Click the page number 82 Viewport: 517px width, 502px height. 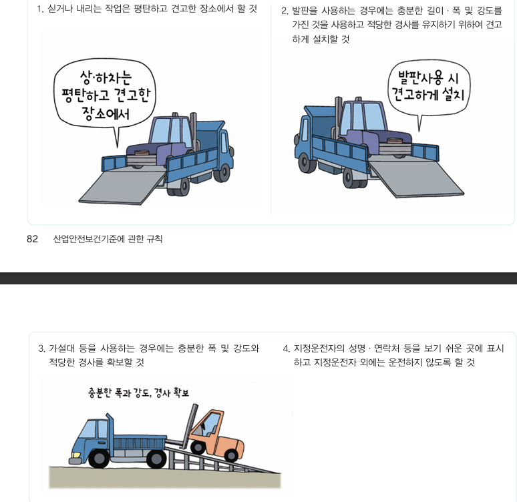point(32,239)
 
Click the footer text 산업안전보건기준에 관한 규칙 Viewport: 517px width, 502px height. point(108,239)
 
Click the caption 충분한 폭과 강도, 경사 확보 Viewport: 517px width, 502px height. point(138,393)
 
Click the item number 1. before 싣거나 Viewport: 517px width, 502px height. point(40,9)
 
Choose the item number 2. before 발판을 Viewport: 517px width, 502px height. point(285,11)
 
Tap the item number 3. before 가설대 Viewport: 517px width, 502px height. point(41,348)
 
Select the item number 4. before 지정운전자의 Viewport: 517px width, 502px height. point(287,348)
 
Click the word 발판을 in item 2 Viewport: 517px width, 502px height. point(306,11)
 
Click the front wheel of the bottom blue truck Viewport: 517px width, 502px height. point(99,459)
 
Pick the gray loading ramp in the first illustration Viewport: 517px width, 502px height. point(120,188)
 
